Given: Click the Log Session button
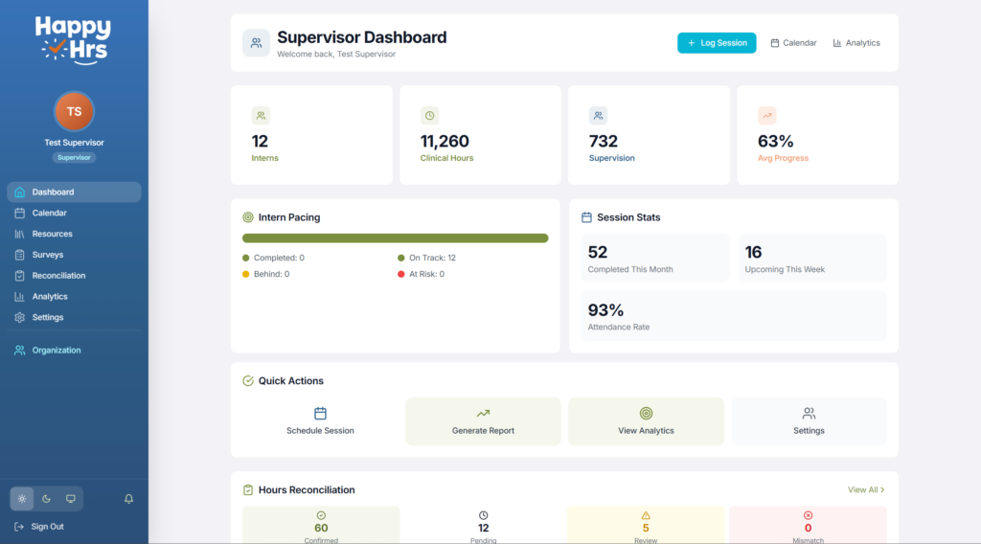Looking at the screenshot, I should (717, 43).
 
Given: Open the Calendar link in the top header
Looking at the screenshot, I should (793, 43).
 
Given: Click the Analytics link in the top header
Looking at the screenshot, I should (856, 43).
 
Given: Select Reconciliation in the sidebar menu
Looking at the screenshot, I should (58, 276).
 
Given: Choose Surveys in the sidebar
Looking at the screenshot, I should (47, 255).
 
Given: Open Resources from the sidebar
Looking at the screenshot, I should (52, 234).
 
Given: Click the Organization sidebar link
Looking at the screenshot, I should (56, 351).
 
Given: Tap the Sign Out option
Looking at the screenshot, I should (47, 527).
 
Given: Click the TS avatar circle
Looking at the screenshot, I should (74, 111).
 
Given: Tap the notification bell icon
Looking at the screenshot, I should (128, 499).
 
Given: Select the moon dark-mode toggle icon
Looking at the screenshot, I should (46, 499).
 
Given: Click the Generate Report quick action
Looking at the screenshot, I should (483, 421).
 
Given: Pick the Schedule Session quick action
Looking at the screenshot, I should (320, 421).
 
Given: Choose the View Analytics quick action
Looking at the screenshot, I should (646, 421).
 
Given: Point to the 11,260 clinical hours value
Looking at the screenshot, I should (445, 142).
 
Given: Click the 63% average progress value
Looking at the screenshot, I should (775, 142).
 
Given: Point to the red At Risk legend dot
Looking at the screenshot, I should (400, 274).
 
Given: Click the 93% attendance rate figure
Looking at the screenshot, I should (605, 310).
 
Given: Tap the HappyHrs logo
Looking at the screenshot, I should (74, 38).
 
